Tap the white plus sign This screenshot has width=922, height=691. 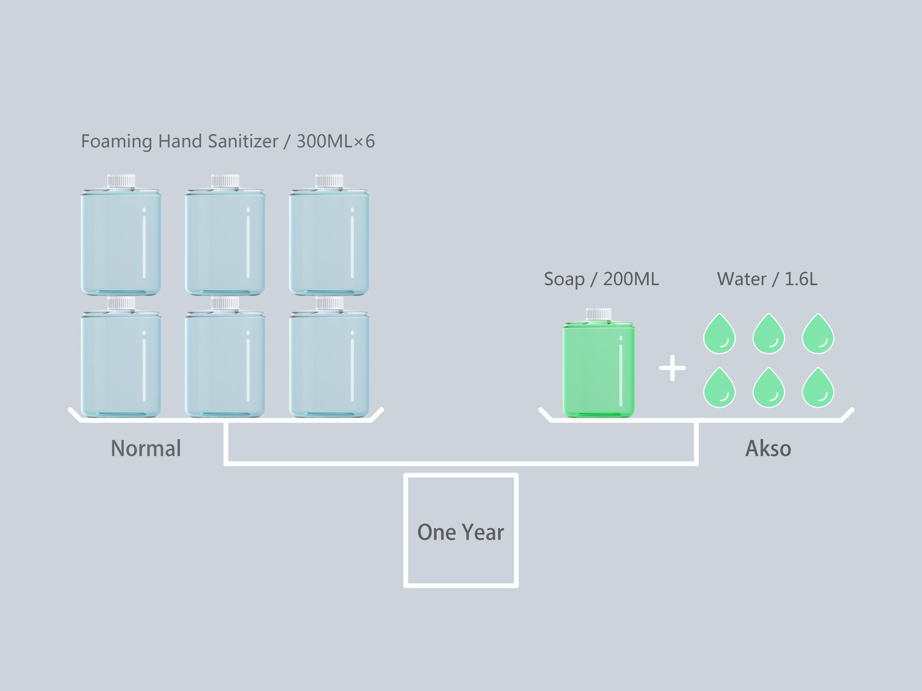pyautogui.click(x=672, y=368)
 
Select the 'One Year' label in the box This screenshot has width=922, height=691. pyautogui.click(x=461, y=532)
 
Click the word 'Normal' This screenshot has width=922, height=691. pyautogui.click(x=146, y=449)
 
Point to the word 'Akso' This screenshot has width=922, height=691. pyautogui.click(x=768, y=449)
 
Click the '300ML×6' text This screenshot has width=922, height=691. pyautogui.click(x=335, y=141)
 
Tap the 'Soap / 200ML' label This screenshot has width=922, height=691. pyautogui.click(x=601, y=279)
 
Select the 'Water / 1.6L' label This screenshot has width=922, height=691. pyautogui.click(x=767, y=279)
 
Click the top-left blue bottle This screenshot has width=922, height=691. pyautogui.click(x=121, y=243)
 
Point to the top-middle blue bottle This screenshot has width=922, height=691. pyautogui.click(x=225, y=243)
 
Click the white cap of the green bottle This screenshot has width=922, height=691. pyautogui.click(x=599, y=314)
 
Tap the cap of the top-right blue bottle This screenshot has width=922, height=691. pyautogui.click(x=329, y=181)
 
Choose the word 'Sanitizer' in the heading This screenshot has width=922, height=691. pyautogui.click(x=243, y=141)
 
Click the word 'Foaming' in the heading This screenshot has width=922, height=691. pyautogui.click(x=117, y=141)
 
